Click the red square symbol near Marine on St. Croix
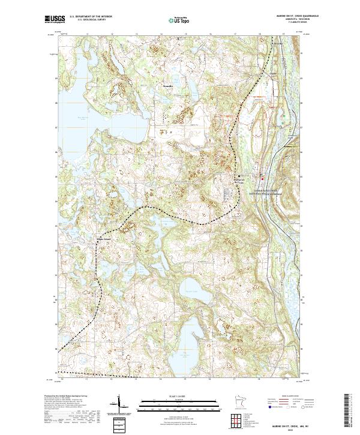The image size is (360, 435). (262, 178)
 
